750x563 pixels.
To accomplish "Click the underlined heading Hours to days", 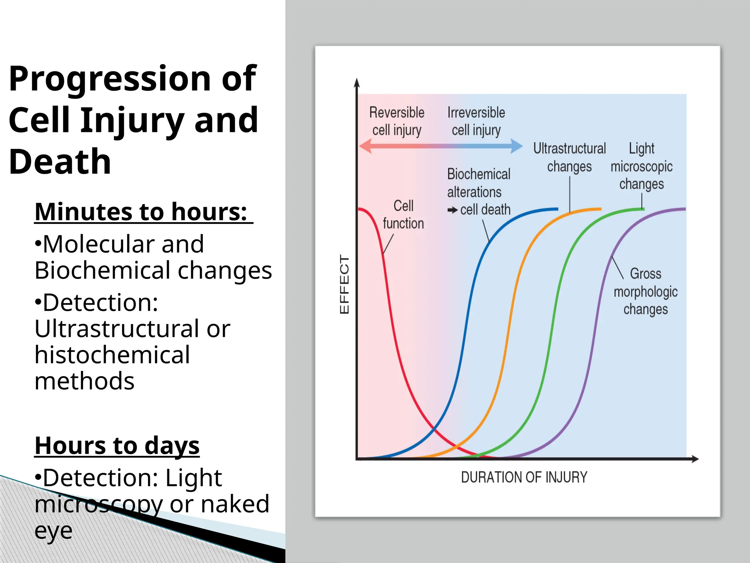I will pos(117,446).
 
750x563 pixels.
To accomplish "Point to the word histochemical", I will pos(112,355).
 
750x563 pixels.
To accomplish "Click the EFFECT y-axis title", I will pos(344,284).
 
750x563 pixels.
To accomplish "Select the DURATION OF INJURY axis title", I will pos(524,477).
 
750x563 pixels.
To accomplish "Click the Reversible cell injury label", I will pos(397,121).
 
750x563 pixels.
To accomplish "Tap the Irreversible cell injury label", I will pos(476,121).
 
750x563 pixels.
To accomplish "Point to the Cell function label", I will pos(403,214).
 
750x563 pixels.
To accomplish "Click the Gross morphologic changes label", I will pos(645,291).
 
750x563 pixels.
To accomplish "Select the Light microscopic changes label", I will pos(641,166).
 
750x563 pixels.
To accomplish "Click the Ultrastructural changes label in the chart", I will pos(569,157).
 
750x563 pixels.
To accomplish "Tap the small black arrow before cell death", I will pos(453,210).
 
